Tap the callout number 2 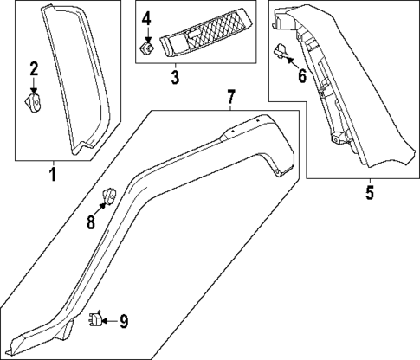pos(34,68)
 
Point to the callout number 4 pos(146,18)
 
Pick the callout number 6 pos(301,76)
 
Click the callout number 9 pos(124,322)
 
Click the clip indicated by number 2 pos(34,104)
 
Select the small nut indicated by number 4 pos(147,48)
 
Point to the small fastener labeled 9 pos(95,321)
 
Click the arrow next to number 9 pos(109,322)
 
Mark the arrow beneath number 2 pos(34,86)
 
